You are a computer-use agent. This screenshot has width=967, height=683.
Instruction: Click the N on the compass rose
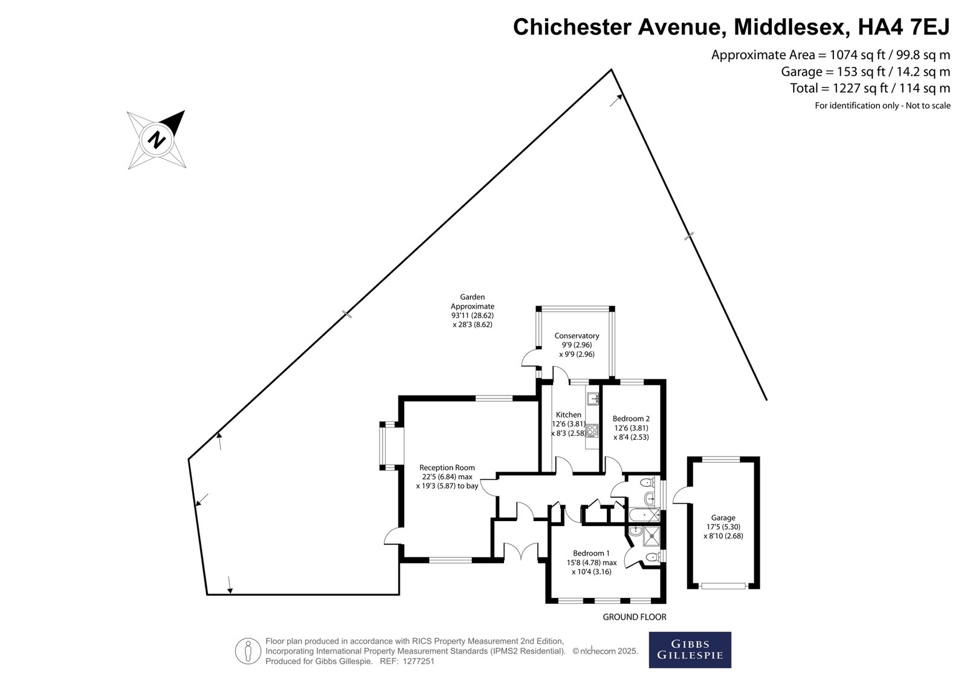(x=157, y=139)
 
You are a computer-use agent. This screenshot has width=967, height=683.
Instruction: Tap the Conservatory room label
(x=577, y=336)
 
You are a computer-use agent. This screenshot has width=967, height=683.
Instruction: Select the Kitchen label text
(x=569, y=415)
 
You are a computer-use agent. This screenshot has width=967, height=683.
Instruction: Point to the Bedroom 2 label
(x=631, y=418)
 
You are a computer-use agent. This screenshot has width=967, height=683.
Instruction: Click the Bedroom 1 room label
(x=592, y=553)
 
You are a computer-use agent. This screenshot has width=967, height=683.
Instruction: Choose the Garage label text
(x=723, y=518)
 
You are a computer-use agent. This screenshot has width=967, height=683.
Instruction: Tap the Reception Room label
(x=447, y=467)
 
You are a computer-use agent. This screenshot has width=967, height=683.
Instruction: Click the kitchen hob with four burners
(x=592, y=430)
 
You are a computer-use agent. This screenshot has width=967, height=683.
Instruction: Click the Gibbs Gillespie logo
(x=690, y=650)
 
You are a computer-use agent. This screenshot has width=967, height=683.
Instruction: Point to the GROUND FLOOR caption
(x=635, y=617)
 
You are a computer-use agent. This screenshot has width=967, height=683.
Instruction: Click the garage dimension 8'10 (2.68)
(x=723, y=536)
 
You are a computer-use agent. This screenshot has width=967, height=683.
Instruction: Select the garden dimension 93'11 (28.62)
(x=472, y=315)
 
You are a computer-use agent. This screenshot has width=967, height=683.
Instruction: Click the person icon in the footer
(x=248, y=650)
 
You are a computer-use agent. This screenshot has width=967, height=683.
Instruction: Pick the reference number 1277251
(x=418, y=661)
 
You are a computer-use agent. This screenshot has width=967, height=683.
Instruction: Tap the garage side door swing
(x=681, y=495)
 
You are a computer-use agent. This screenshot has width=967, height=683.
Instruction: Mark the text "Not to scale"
(x=928, y=106)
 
